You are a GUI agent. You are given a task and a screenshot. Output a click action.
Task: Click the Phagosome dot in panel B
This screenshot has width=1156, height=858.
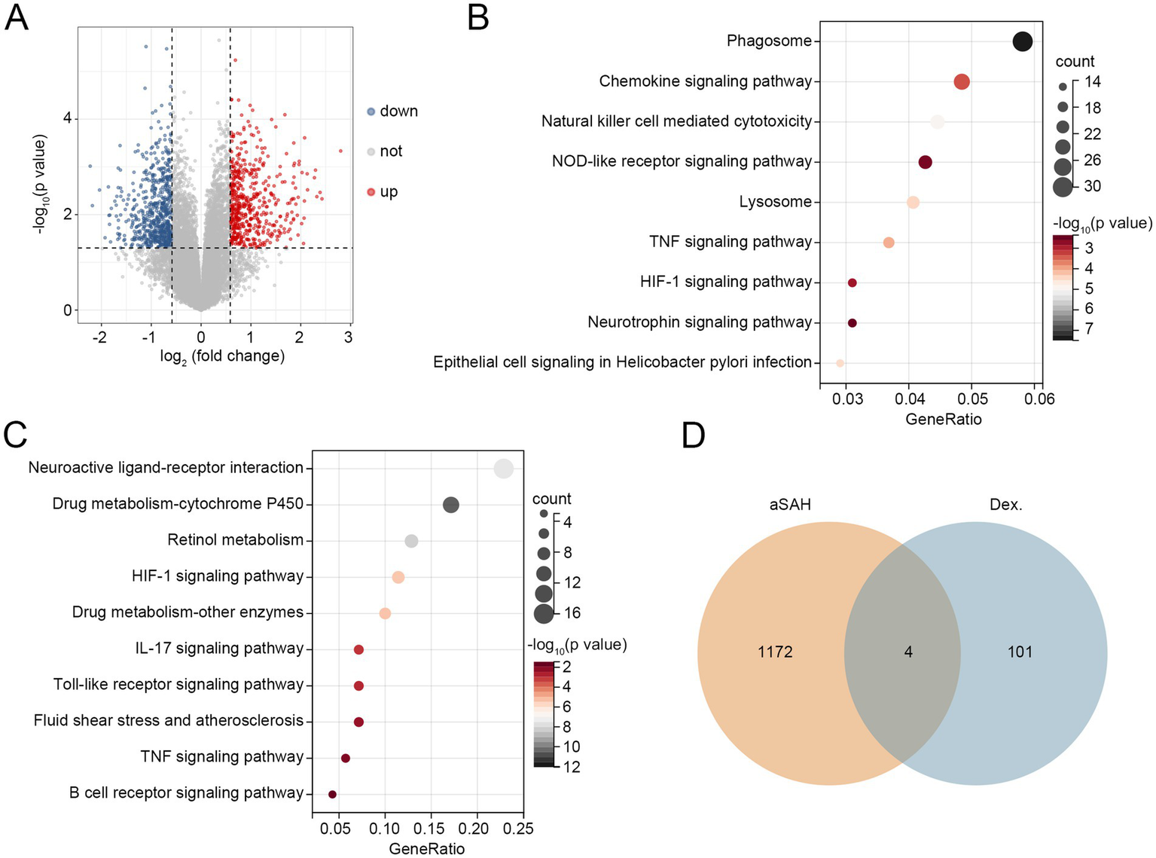click(1022, 41)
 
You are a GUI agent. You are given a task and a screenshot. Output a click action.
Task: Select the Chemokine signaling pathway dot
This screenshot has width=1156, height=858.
click(962, 81)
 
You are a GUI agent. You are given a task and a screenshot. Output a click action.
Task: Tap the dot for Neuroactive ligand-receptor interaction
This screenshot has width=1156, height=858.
click(504, 469)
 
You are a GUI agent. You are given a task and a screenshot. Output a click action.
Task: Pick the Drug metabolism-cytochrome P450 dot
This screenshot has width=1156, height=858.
click(450, 505)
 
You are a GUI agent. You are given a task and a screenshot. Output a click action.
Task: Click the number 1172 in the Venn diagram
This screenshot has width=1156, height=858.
click(775, 652)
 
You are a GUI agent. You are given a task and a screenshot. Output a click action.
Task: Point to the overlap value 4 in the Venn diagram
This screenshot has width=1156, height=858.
click(908, 652)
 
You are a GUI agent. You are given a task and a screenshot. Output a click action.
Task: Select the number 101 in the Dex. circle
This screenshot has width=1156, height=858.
click(1020, 652)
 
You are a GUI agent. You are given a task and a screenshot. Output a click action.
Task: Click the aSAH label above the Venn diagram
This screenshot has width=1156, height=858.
click(790, 505)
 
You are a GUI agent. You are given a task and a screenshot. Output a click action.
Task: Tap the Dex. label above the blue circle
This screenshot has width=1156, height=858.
click(1005, 505)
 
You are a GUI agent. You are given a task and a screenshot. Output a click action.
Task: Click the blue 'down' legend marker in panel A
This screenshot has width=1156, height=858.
click(371, 111)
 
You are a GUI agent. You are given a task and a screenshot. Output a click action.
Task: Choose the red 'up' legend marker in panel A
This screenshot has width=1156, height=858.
click(371, 192)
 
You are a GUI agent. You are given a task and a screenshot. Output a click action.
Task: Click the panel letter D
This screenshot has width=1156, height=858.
click(694, 435)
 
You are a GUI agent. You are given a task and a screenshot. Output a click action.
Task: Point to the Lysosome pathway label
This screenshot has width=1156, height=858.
click(775, 202)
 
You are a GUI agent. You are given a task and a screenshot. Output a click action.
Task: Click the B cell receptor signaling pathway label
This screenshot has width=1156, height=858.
click(186, 792)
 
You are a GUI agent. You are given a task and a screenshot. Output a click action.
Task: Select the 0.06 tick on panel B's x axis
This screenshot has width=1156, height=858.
click(1039, 398)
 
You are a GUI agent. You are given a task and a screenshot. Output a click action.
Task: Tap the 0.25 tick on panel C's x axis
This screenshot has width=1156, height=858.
click(518, 829)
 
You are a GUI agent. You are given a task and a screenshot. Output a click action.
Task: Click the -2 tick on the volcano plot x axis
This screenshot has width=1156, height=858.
click(100, 337)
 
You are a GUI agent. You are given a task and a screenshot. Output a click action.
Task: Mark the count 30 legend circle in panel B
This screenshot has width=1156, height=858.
click(1063, 186)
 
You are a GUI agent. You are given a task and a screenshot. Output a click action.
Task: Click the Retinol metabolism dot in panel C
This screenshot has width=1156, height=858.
click(411, 541)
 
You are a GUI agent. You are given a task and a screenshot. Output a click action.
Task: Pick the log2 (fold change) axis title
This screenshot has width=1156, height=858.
click(222, 356)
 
